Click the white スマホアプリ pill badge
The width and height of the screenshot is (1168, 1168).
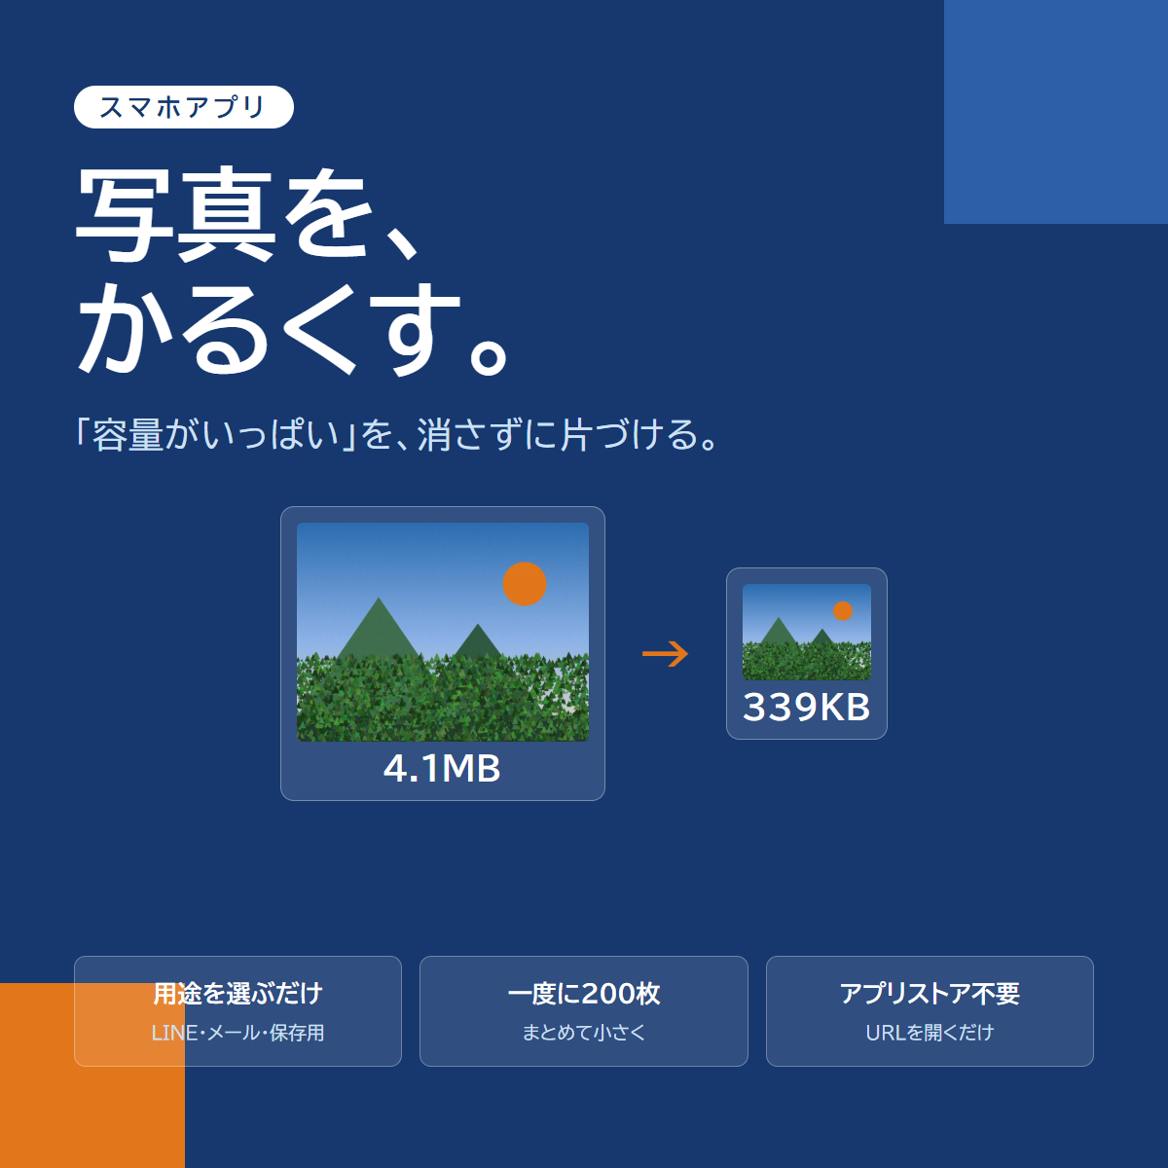pos(184,107)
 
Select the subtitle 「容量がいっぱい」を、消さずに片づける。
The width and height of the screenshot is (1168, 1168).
pos(396,434)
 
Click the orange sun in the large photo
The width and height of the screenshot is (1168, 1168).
pos(525,584)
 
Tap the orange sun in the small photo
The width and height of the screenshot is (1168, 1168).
pos(843,611)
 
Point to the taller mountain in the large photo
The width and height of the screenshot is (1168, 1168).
pos(379,631)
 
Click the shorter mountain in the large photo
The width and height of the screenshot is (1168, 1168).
pos(478,641)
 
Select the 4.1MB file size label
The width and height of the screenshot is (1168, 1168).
pos(442,769)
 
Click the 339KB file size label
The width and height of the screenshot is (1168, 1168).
pos(806,707)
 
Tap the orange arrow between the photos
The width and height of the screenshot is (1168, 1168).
pos(665,654)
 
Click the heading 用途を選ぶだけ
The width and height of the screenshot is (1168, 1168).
pos(237,994)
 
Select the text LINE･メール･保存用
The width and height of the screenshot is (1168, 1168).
pos(237,1033)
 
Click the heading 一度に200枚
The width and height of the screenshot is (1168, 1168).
pos(584,994)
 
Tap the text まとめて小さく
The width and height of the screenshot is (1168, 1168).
pos(584,1033)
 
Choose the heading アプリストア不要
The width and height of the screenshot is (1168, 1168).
pos(930,994)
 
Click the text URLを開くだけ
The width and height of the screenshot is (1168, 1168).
pos(930,1033)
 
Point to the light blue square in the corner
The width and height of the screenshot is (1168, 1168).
pos(1056,112)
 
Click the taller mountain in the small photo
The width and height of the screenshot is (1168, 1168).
pos(779,632)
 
